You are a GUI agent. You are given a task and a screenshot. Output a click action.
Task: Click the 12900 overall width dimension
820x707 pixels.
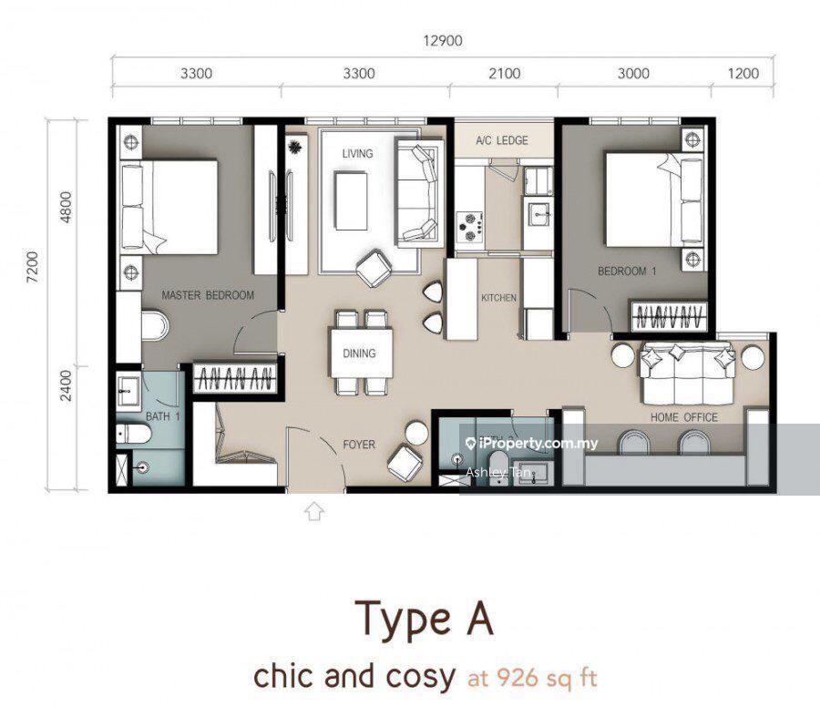pos(443,40)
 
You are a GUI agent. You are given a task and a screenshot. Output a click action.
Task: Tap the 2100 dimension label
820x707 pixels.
pos(504,73)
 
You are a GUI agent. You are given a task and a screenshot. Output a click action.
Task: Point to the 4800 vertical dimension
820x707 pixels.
pos(66,208)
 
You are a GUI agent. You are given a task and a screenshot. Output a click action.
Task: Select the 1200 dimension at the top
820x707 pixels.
pos(743,73)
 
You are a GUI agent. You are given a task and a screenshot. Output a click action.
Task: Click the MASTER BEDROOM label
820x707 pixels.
pos(208,295)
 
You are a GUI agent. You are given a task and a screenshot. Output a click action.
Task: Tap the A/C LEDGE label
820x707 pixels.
pos(501,140)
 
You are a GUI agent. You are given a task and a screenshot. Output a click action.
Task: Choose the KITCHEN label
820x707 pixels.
pos(498,298)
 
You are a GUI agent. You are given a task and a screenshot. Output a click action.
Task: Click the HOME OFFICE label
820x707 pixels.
pos(683,417)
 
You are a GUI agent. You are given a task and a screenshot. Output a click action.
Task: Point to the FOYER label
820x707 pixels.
pos(359,445)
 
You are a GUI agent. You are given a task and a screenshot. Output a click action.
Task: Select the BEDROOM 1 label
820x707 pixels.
pos(627,271)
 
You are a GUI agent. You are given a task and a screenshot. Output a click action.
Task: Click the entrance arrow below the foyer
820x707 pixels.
pos(313,511)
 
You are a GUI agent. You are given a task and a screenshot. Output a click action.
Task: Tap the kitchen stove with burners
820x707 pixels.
pos(469,227)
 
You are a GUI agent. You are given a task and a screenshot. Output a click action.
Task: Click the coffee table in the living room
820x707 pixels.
pos(351,200)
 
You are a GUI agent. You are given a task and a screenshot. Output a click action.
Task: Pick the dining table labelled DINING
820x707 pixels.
pos(360,353)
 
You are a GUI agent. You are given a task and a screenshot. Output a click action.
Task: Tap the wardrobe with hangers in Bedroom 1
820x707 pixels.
pos(669,316)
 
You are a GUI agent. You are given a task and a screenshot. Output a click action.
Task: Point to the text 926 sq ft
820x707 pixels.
pos(532,678)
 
